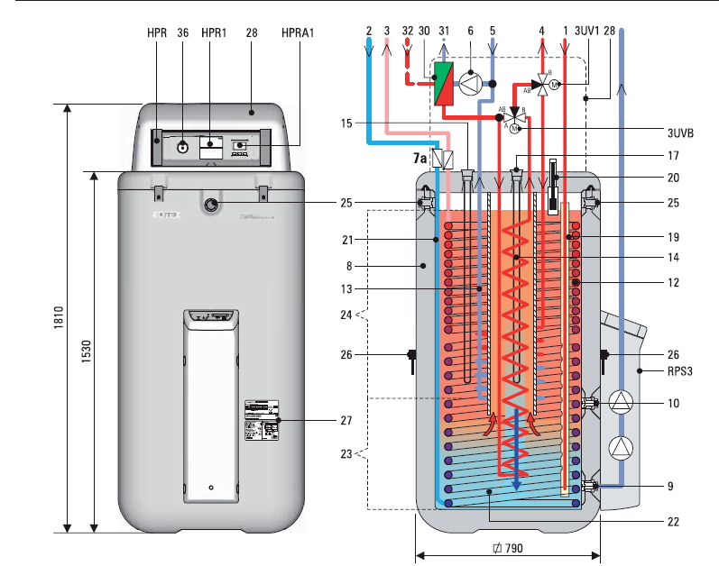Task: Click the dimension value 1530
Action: click(x=83, y=351)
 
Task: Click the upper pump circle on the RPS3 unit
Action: click(x=622, y=401)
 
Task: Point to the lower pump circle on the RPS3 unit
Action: click(x=622, y=447)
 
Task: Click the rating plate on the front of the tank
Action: click(x=262, y=420)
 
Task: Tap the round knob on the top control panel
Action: click(x=182, y=145)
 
